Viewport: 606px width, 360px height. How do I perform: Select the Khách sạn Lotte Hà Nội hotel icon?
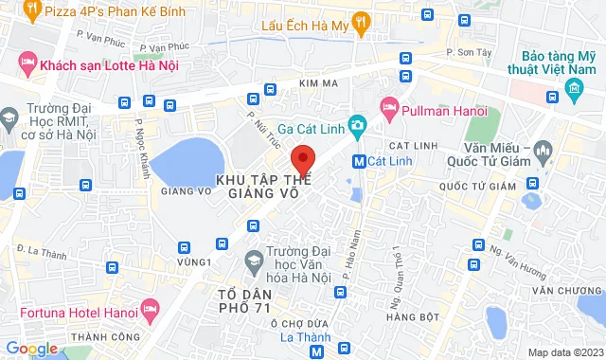[27, 64]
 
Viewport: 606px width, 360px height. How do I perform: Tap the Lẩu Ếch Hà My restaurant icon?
[359, 21]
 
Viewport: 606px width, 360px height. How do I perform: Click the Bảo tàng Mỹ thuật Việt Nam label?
[561, 56]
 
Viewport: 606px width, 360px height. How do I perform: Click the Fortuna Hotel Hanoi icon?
[149, 309]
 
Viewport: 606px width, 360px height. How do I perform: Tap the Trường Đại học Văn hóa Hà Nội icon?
[254, 259]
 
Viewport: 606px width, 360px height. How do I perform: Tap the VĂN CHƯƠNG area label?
[566, 291]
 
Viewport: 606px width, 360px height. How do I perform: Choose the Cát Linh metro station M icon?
[359, 161]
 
